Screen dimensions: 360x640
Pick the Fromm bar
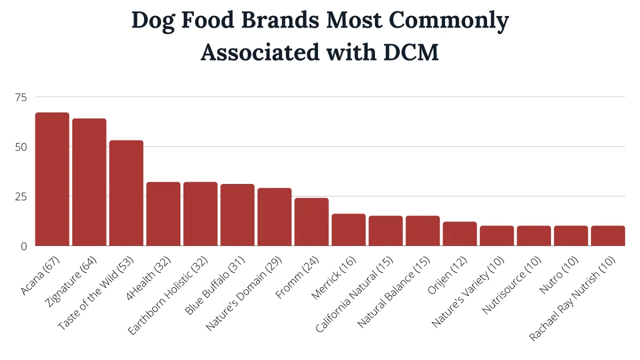pos(311,222)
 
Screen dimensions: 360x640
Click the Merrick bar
pos(349,230)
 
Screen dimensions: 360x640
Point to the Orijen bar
pos(460,234)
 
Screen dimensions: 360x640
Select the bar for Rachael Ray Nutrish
pos(607,236)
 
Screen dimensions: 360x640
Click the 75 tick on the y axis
pos(21,97)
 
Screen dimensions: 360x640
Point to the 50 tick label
pos(21,147)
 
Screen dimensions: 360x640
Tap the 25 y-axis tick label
pos(21,196)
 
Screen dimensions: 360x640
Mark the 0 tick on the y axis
pos(24,246)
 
